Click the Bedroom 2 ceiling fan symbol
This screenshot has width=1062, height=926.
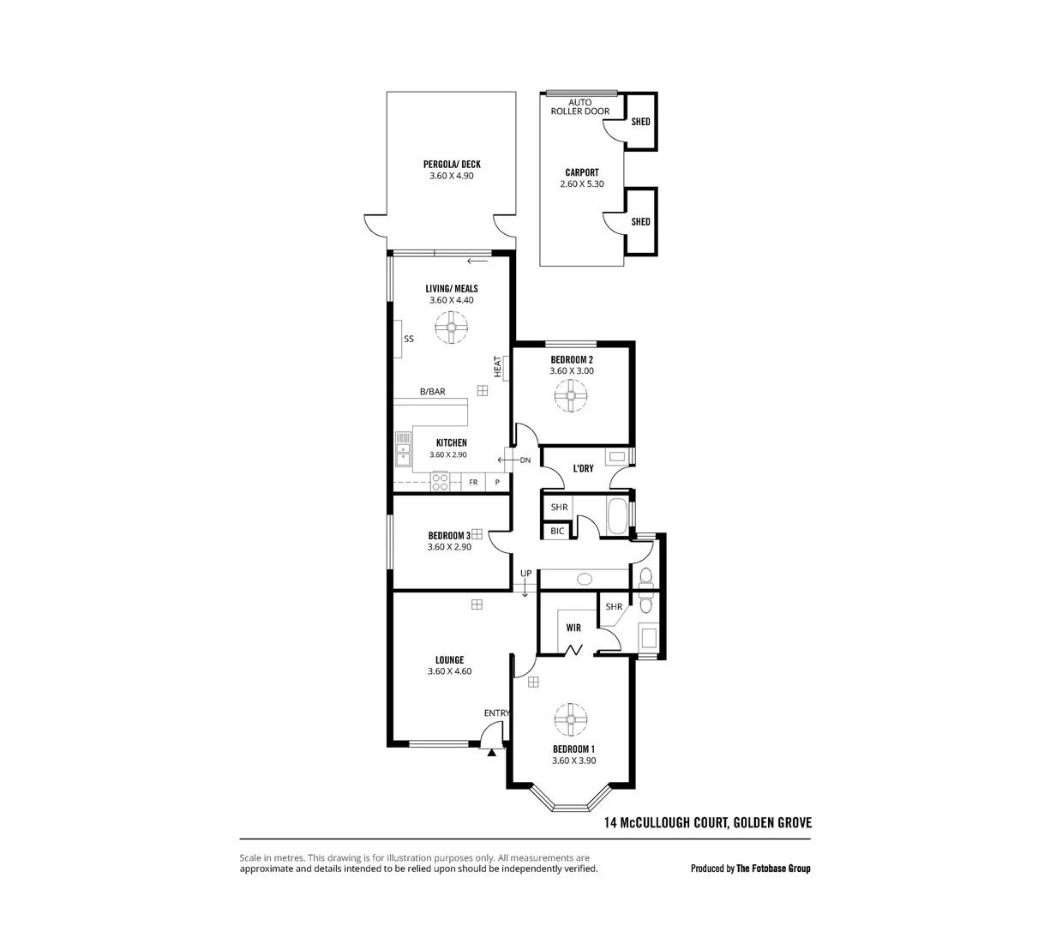pyautogui.click(x=571, y=397)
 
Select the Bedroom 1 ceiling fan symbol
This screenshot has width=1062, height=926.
pyautogui.click(x=569, y=720)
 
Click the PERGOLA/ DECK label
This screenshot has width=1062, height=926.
pyautogui.click(x=451, y=165)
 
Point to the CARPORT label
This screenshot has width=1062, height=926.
pyautogui.click(x=582, y=172)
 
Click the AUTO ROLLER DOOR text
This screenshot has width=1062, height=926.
pyautogui.click(x=580, y=107)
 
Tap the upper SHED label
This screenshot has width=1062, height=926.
pyautogui.click(x=640, y=122)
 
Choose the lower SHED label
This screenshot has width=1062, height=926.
pyautogui.click(x=640, y=222)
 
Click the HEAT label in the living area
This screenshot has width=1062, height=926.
pyautogui.click(x=497, y=366)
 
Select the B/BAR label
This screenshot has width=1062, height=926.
pyautogui.click(x=432, y=392)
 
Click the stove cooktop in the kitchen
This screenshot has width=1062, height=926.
pyautogui.click(x=440, y=483)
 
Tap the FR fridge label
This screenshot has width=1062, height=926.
pyautogui.click(x=473, y=483)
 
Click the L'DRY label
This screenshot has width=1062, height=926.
pyautogui.click(x=583, y=469)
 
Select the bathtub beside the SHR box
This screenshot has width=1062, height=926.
pyautogui.click(x=615, y=516)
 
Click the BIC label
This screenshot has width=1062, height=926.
pyautogui.click(x=557, y=532)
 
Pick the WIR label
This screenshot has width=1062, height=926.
pyautogui.click(x=573, y=628)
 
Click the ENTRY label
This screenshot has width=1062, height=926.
pyautogui.click(x=497, y=713)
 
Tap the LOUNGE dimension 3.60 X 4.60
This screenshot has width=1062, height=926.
pyautogui.click(x=449, y=671)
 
